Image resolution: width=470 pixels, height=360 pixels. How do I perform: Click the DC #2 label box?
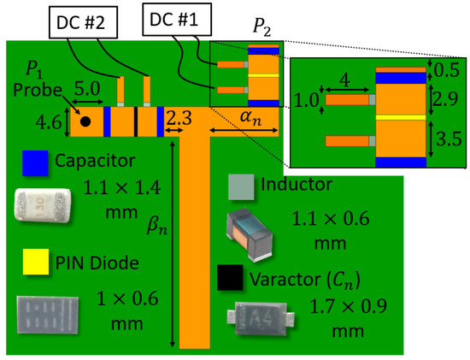coord(83,22)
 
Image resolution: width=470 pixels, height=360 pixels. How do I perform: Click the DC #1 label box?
coord(177,20)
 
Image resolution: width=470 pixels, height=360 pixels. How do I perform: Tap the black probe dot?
coord(85,121)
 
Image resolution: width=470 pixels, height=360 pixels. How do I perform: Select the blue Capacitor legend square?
coord(35,163)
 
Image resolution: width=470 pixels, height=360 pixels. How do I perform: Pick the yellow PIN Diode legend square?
coord(36,262)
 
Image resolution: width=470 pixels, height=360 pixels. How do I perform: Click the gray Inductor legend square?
coord(241,187)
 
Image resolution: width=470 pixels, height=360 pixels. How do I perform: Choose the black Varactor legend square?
coord(230,278)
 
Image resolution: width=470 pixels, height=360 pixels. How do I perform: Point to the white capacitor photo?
coord(43,205)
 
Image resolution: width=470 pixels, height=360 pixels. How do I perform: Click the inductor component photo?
coord(250,234)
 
